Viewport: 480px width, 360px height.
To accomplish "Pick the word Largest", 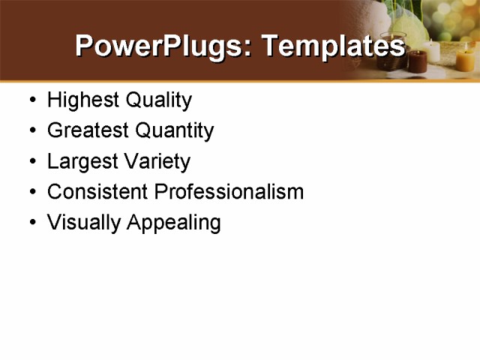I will click(x=79, y=162).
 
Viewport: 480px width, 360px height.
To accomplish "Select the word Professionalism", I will click(x=229, y=192).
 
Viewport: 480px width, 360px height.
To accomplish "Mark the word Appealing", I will click(x=174, y=223).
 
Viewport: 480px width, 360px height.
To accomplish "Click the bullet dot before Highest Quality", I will click(x=31, y=100).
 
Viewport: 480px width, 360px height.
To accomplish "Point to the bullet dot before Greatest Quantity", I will click(x=31, y=131).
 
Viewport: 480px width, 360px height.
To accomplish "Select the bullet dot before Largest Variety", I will click(x=31, y=162).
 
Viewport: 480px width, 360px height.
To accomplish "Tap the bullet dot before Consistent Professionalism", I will click(x=31, y=193).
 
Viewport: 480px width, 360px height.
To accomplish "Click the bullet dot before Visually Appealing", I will click(x=31, y=223).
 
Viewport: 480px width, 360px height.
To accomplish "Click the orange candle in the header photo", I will click(x=466, y=59).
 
